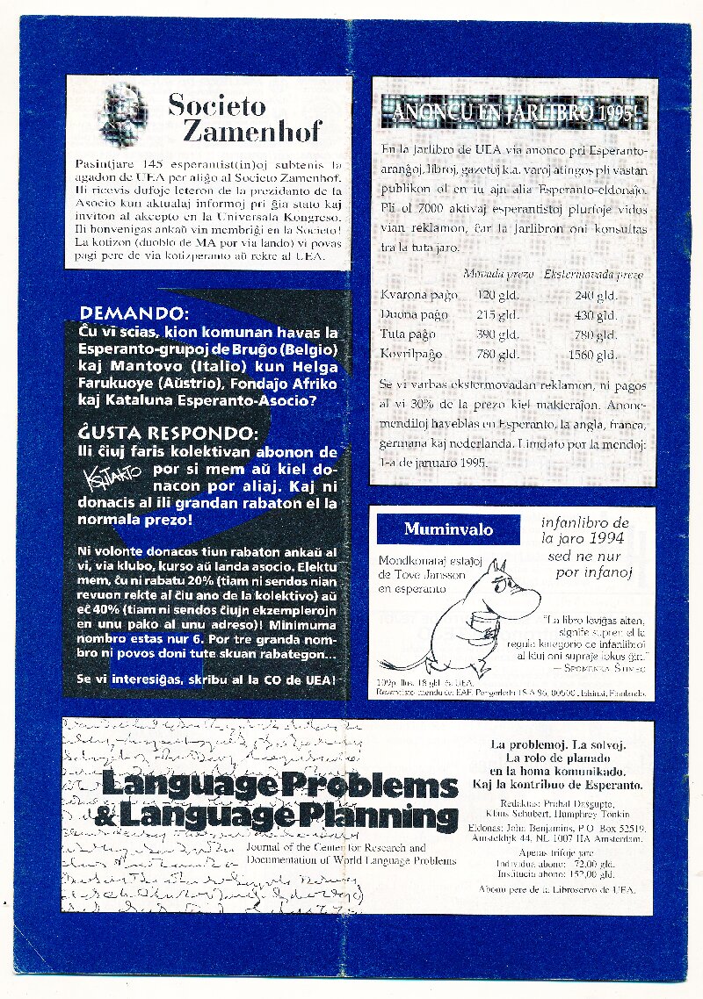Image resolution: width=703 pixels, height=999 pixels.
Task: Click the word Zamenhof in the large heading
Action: [251, 132]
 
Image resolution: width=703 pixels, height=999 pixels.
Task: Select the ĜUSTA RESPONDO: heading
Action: [169, 434]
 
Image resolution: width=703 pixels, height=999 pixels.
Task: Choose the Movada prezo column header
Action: [498, 274]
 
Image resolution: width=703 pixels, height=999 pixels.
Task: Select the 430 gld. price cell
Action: [594, 314]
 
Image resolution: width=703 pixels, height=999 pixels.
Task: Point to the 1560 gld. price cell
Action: [592, 355]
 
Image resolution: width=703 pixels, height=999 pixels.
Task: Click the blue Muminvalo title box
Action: [448, 529]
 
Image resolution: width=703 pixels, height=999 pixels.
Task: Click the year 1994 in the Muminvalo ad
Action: [610, 538]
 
